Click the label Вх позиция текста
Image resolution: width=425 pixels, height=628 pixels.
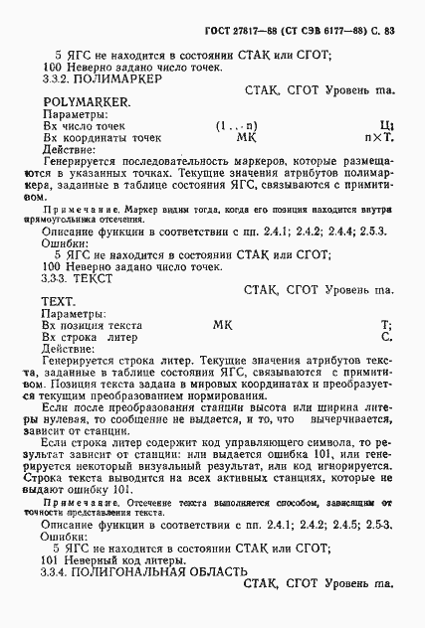(x=92, y=325)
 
